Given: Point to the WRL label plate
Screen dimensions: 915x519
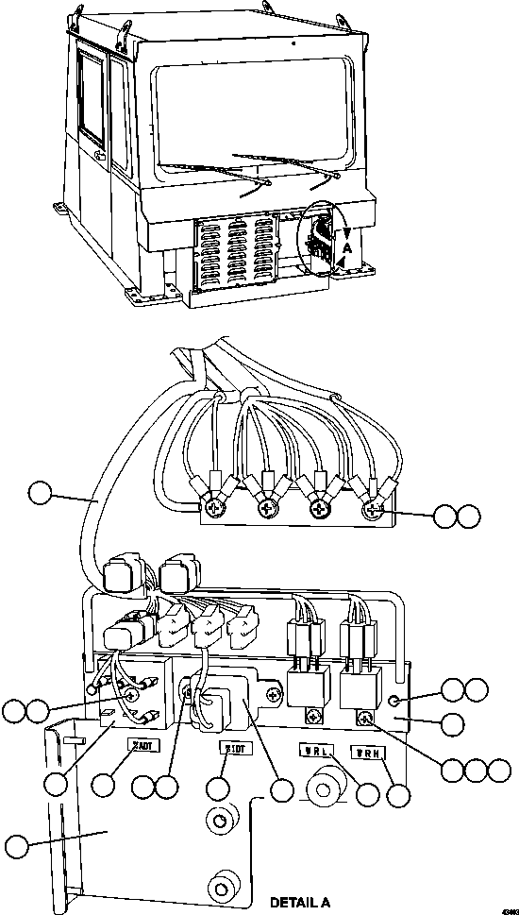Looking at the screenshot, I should coord(314,752).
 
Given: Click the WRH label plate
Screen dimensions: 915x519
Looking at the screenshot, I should coord(367,753).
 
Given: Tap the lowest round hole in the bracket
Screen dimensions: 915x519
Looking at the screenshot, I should coord(222,885).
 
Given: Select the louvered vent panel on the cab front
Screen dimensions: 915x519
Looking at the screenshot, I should coord(236,251).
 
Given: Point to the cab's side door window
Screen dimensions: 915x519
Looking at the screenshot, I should coord(92,99).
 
